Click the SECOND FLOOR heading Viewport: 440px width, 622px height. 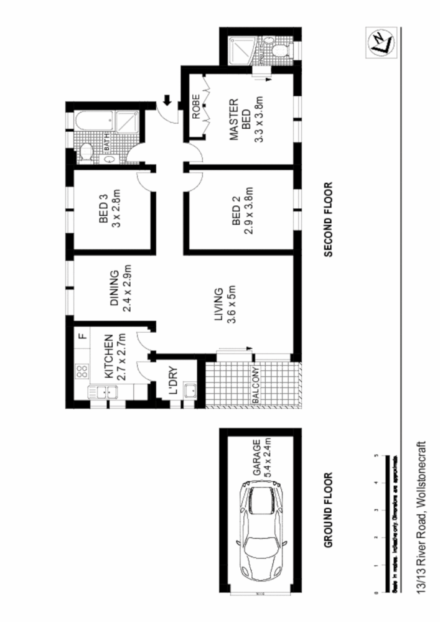329,219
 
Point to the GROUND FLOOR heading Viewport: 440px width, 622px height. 329,510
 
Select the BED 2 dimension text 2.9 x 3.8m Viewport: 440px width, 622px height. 249,210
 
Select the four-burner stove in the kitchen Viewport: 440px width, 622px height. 82,371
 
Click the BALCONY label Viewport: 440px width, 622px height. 256,386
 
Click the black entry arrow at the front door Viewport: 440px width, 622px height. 167,100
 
